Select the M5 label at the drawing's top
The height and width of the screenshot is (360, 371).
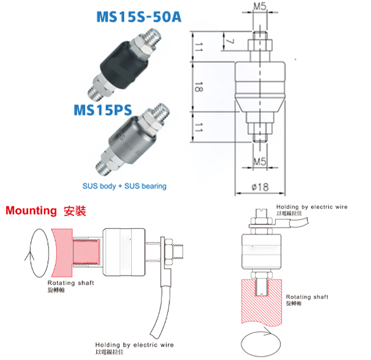(x=259, y=7)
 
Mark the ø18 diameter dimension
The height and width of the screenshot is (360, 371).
(x=259, y=185)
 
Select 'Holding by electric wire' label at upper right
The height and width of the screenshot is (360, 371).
(x=312, y=207)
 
